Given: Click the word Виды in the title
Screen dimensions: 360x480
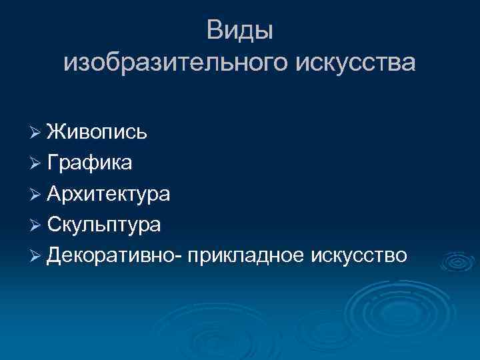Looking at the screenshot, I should pyautogui.click(x=239, y=30).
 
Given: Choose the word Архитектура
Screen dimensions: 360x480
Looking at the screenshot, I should pyautogui.click(x=109, y=193).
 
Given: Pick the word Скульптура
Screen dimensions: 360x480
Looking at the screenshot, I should pyautogui.click(x=104, y=225).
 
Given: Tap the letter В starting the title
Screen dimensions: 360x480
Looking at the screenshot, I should pyautogui.click(x=214, y=30).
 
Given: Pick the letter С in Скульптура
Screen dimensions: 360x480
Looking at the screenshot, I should pyautogui.click(x=54, y=225).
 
